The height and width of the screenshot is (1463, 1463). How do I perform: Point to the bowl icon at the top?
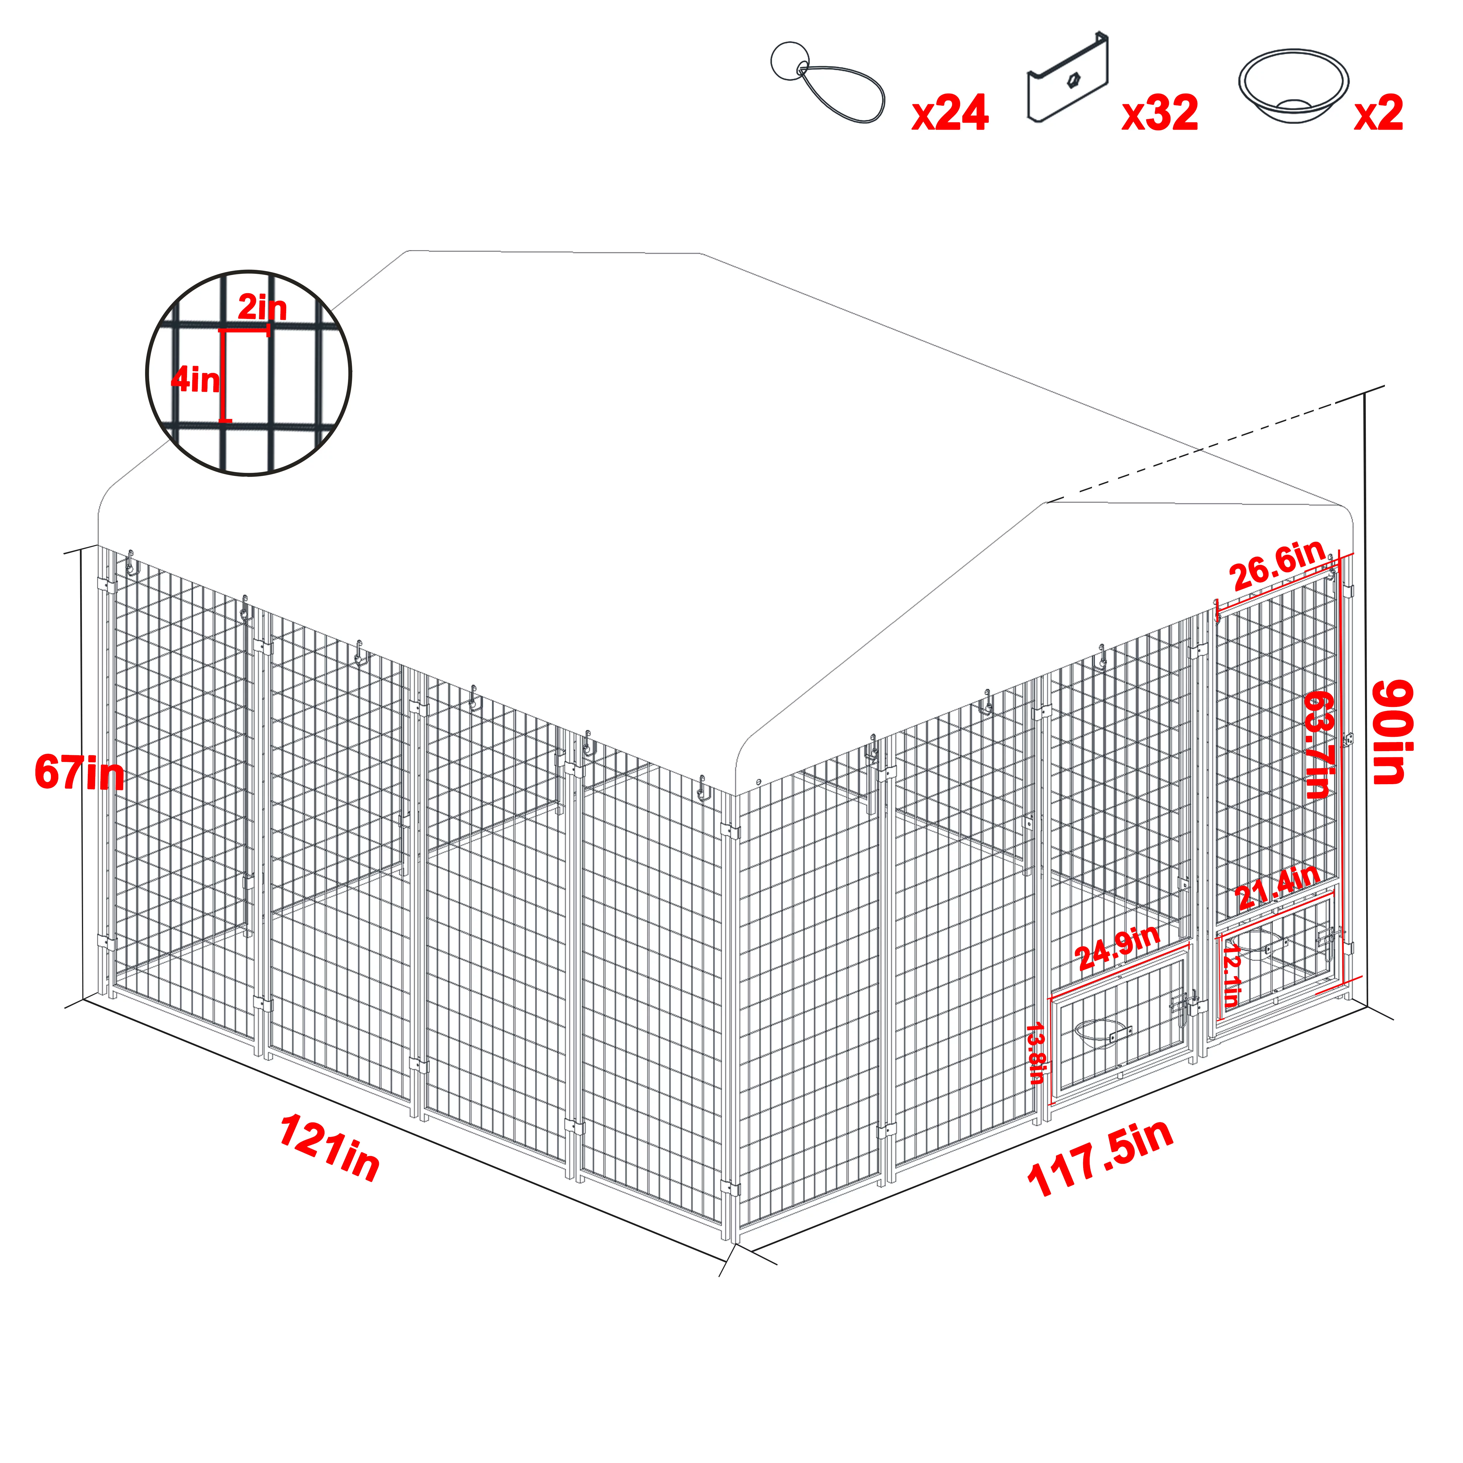pyautogui.click(x=1293, y=85)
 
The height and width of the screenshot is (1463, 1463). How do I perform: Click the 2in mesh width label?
pyautogui.click(x=262, y=308)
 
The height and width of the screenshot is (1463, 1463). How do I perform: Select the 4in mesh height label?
pyautogui.click(x=195, y=379)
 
